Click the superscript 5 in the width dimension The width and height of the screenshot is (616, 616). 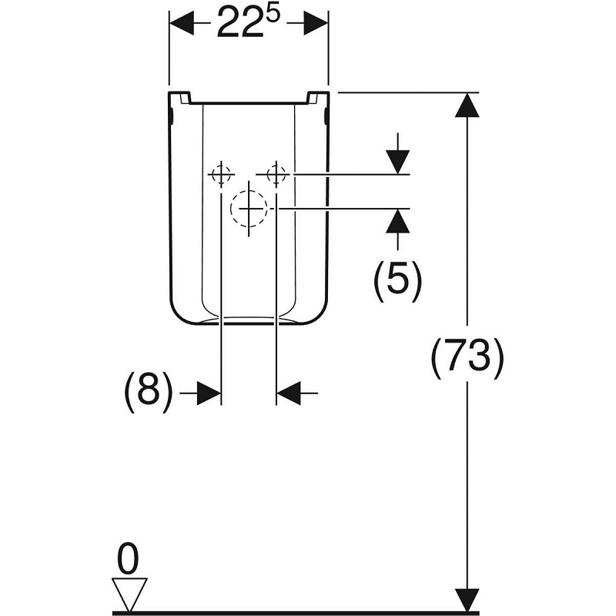point(273,15)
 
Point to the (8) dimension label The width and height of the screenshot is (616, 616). point(149,392)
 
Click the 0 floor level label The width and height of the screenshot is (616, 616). point(129,559)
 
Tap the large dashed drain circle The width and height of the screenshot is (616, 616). point(249,208)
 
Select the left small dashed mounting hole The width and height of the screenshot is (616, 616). point(222,175)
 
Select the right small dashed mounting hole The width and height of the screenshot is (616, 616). point(276,174)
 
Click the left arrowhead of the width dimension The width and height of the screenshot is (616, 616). point(182,23)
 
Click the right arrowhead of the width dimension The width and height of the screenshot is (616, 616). point(316,23)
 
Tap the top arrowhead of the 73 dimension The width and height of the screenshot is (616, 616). point(467,105)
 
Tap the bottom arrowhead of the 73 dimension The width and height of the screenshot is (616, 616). point(467,600)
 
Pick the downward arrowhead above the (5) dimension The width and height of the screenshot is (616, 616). point(397,162)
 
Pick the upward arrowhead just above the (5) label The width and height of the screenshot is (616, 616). point(397,221)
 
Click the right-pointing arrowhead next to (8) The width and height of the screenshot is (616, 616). point(209,393)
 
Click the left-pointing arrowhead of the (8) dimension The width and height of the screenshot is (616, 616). point(289,393)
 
